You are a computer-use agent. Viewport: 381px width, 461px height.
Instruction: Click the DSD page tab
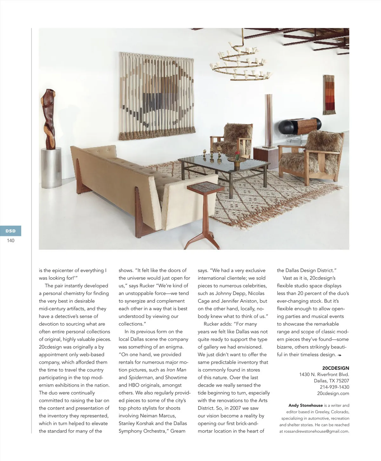pyautogui.click(x=10, y=231)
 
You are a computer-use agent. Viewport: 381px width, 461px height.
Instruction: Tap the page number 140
pyautogui.click(x=10, y=241)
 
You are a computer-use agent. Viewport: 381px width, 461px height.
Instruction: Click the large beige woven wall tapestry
pyautogui.click(x=156, y=95)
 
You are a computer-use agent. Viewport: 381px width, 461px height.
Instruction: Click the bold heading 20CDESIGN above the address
pyautogui.click(x=335, y=368)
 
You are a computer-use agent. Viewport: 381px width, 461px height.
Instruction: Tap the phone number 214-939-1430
pyautogui.click(x=334, y=387)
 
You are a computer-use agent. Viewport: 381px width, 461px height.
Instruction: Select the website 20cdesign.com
pyautogui.click(x=333, y=393)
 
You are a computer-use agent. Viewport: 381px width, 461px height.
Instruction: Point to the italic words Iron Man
pyautogui.click(x=176, y=370)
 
